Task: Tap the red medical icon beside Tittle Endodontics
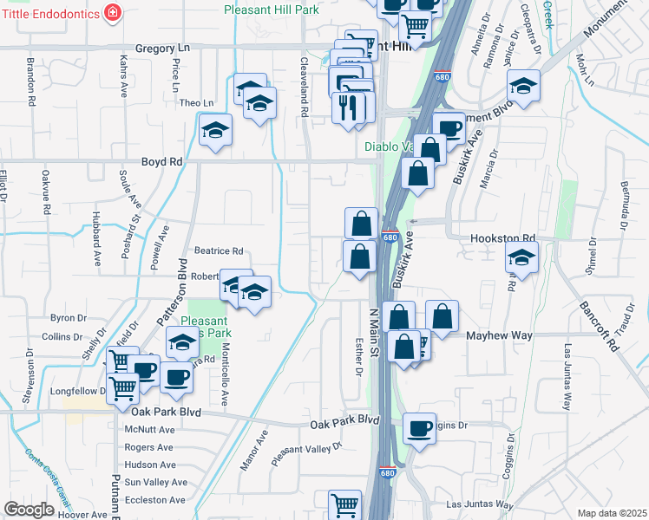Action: coord(112,12)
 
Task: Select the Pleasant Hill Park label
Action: coord(271,10)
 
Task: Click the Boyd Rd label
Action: coord(162,162)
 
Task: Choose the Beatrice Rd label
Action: coord(218,251)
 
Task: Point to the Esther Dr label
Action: coord(357,356)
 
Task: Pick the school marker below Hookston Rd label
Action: coord(521,257)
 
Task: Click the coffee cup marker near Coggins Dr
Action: coord(420,427)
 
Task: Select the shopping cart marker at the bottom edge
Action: coord(344,504)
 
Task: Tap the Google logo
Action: coord(29,510)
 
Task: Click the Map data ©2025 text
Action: coord(611,513)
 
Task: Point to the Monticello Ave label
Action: coord(224,379)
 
